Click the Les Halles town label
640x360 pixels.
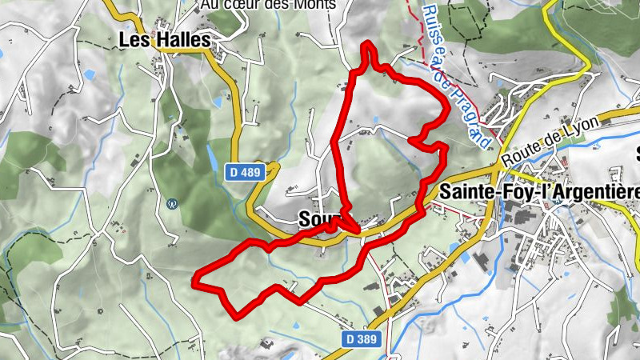[x=164, y=39]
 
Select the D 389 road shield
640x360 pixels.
[x=362, y=339]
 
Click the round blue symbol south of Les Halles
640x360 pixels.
[x=171, y=204]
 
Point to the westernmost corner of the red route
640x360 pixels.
[x=195, y=280]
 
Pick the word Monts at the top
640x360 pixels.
[x=313, y=5]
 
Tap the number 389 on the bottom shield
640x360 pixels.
[x=366, y=339]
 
